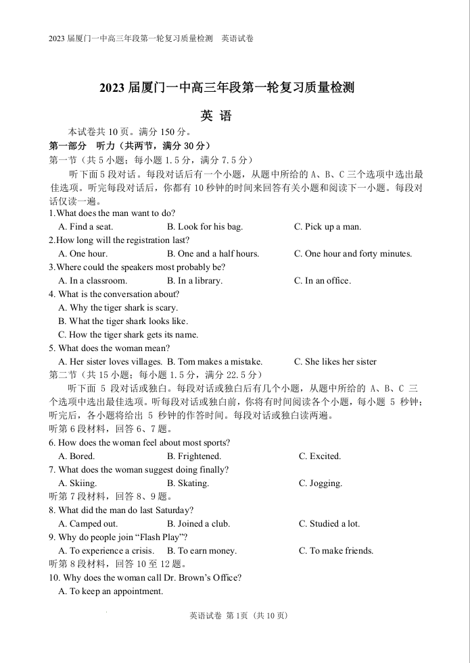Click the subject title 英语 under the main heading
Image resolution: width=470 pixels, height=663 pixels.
pyautogui.click(x=216, y=116)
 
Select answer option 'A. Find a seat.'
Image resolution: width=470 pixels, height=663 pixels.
pyautogui.click(x=86, y=227)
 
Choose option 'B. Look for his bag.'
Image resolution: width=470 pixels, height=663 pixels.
pyautogui.click(x=205, y=227)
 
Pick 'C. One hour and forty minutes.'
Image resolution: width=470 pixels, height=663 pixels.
pyautogui.click(x=352, y=254)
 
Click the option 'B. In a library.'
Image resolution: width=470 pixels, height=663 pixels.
pyautogui.click(x=195, y=281)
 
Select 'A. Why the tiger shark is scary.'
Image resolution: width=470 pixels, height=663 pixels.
pyautogui.click(x=118, y=308)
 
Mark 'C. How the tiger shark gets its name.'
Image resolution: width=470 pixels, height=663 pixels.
pyautogui.click(x=128, y=335)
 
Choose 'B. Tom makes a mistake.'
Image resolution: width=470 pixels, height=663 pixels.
pyautogui.click(x=215, y=362)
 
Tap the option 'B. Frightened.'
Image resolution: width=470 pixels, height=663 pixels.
pyautogui.click(x=194, y=456)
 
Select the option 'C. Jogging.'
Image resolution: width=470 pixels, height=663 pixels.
pyautogui.click(x=321, y=483)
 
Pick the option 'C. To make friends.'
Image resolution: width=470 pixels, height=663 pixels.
pyautogui.click(x=336, y=551)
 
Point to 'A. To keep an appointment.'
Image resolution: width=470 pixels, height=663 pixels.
pyautogui.click(x=111, y=591)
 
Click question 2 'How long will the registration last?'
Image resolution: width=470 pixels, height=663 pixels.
pyautogui.click(x=119, y=240)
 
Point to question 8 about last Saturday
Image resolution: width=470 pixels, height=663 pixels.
pyautogui.click(x=121, y=510)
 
